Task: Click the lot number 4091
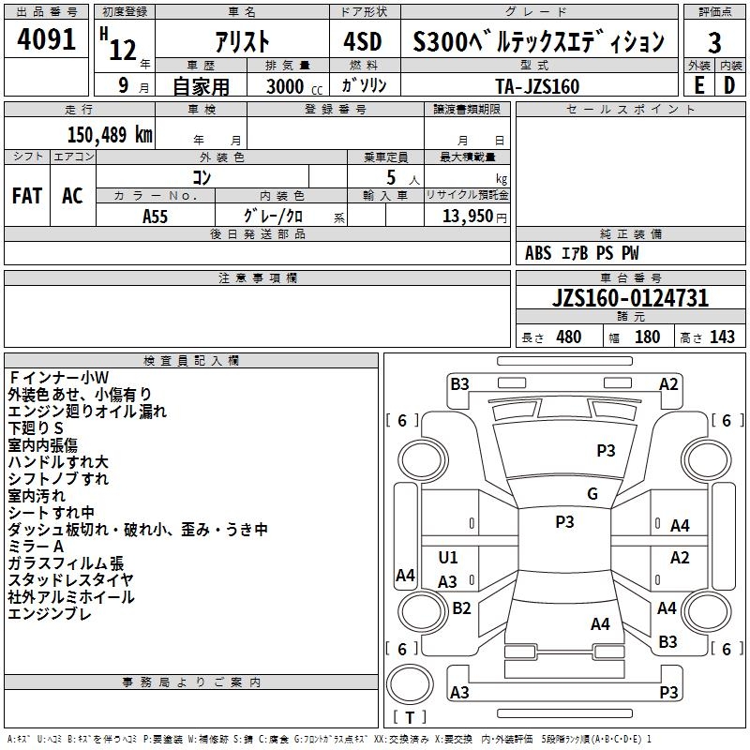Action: point(46,39)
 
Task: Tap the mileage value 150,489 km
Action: point(110,135)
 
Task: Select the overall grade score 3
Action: point(714,43)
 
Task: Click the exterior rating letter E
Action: point(698,85)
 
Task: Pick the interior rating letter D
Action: point(729,85)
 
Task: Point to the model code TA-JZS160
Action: point(537,86)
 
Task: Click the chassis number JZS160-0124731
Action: point(630,298)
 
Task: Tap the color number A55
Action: point(155,217)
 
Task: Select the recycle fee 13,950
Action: point(468,216)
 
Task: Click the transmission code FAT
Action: point(27,196)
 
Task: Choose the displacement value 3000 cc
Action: point(294,86)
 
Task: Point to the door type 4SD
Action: point(363,41)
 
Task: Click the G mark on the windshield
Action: point(592,493)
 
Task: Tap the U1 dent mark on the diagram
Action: point(448,557)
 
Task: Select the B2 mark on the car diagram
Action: point(461,607)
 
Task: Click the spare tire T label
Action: point(410,717)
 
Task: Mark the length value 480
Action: point(569,337)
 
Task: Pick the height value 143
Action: point(722,337)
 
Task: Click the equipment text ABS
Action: point(538,253)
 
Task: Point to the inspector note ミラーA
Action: point(36,547)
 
